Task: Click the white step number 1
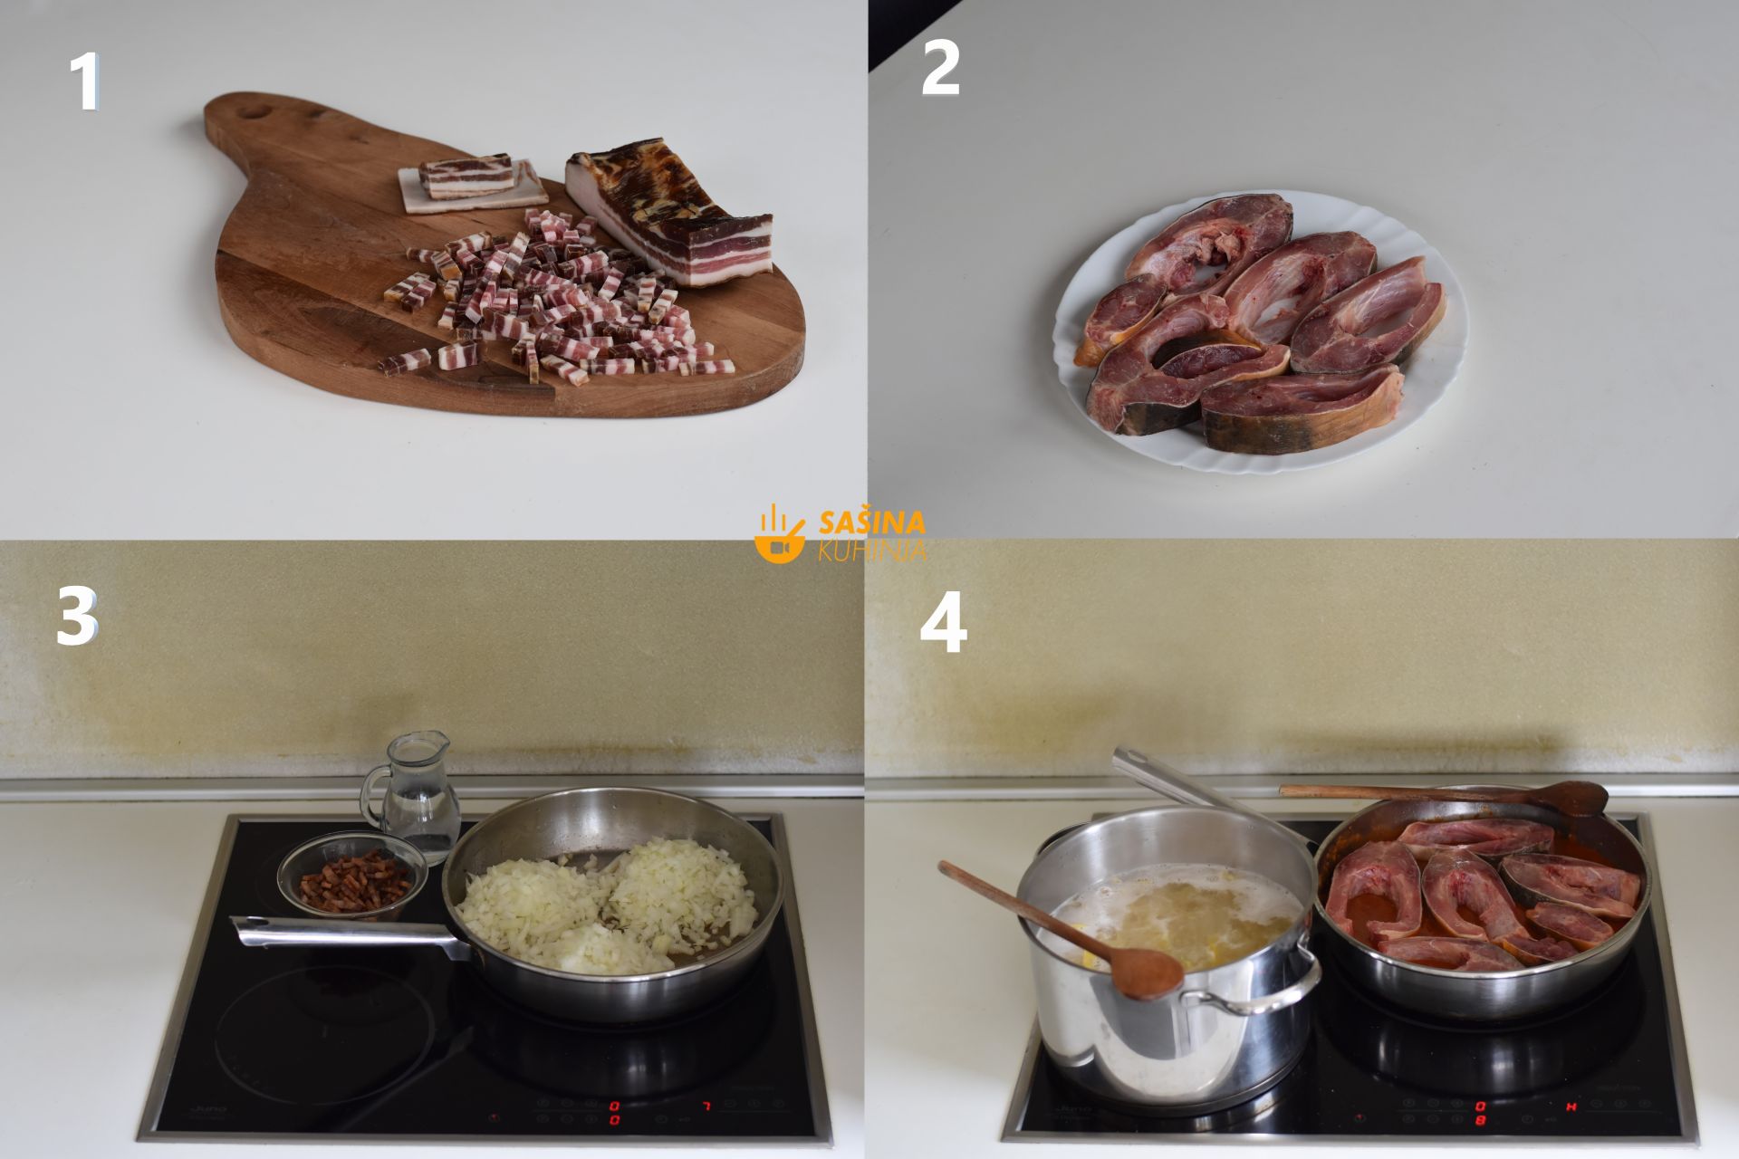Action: [x=85, y=82]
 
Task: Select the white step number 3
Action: [x=76, y=617]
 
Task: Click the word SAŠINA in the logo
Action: [x=871, y=522]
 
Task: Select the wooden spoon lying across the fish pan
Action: [x=1445, y=796]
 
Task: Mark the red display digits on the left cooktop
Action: [x=614, y=1113]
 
